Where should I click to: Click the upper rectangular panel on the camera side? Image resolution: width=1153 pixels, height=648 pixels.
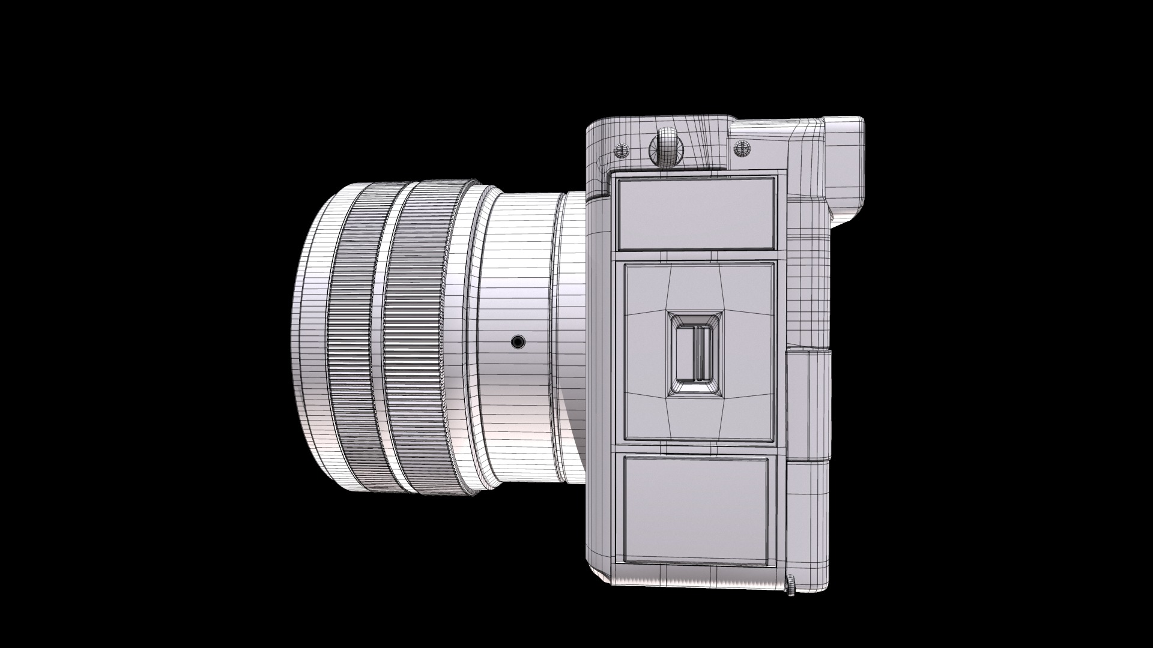click(x=695, y=213)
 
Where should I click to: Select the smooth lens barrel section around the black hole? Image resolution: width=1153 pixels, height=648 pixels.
click(x=516, y=372)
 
